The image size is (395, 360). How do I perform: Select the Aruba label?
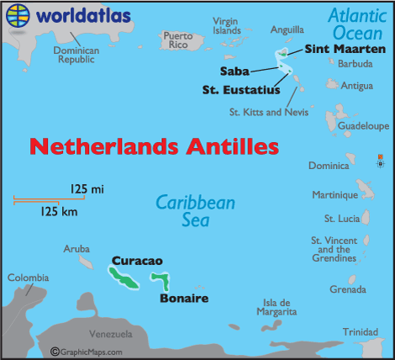pyautogui.click(x=76, y=249)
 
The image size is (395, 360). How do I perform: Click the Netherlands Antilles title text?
pyautogui.click(x=154, y=146)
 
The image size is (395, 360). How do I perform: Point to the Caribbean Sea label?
pyautogui.click(x=195, y=210)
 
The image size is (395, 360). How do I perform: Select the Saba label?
pyautogui.click(x=234, y=70)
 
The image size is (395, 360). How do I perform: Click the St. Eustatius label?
pyautogui.click(x=240, y=90)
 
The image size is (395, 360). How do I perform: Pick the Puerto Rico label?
pyautogui.click(x=177, y=40)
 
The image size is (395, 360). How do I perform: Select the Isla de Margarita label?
pyautogui.click(x=276, y=307)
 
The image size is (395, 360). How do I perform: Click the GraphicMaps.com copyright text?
pyautogui.click(x=87, y=352)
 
